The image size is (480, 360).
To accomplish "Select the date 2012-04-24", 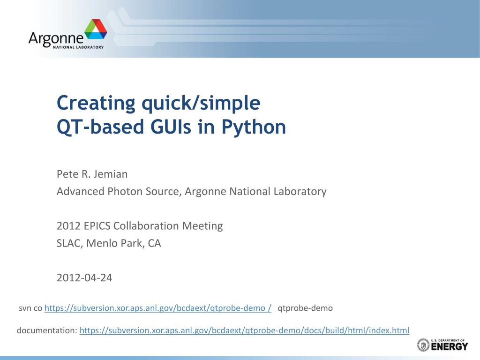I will pyautogui.click(x=84, y=277).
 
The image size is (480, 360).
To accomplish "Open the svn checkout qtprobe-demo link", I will pyautogui.click(x=158, y=308).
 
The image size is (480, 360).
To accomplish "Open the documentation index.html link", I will pyautogui.click(x=244, y=330).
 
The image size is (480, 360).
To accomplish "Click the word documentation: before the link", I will pyautogui.click(x=47, y=330).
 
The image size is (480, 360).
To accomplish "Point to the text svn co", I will pyautogui.click(x=30, y=308).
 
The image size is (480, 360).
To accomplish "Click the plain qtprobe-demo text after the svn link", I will pyautogui.click(x=305, y=308).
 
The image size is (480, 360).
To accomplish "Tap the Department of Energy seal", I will pyautogui.click(x=423, y=345).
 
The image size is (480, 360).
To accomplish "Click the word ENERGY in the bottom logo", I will pyautogui.click(x=450, y=347).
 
